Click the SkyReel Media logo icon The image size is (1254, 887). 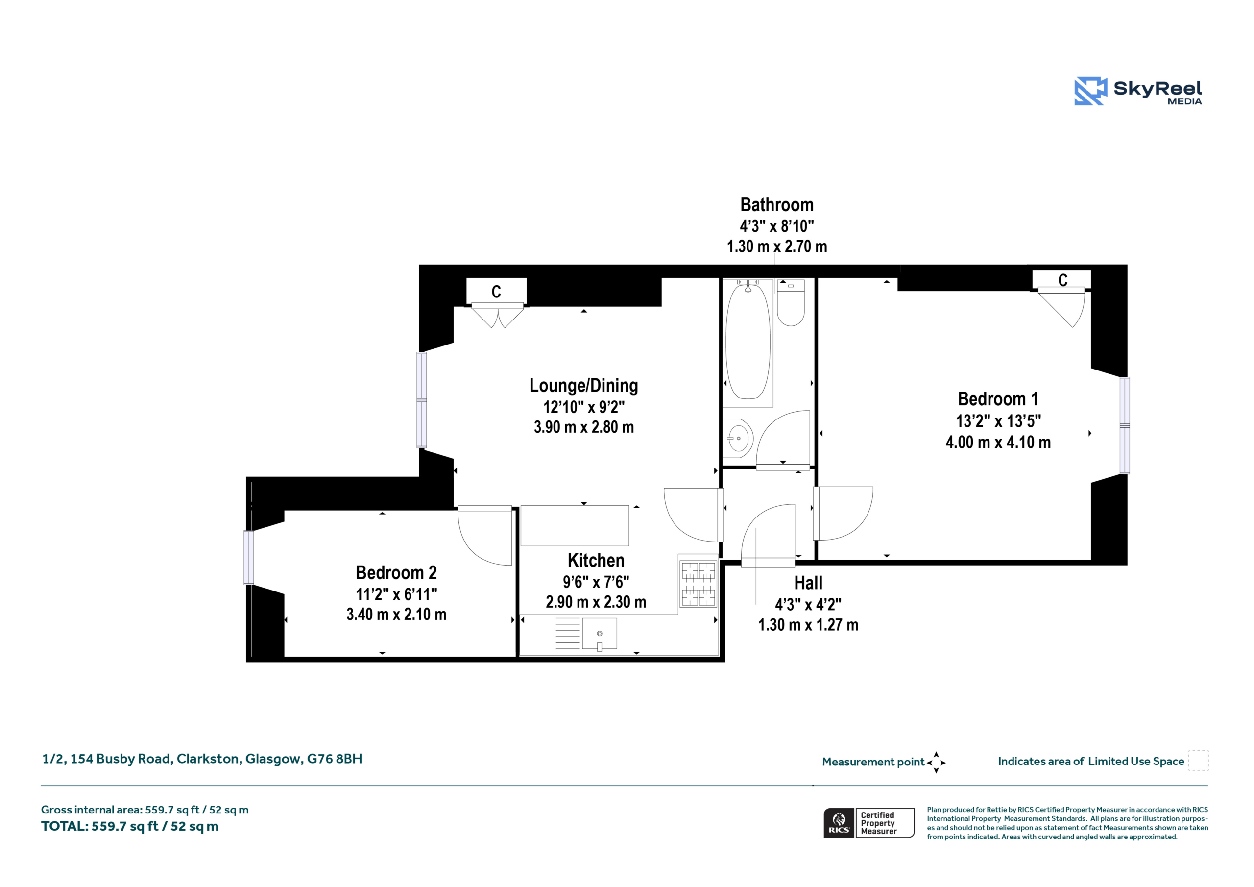click(x=1090, y=91)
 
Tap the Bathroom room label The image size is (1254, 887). click(x=777, y=205)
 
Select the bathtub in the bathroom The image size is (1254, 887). click(x=748, y=343)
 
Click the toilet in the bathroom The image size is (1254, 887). click(x=790, y=303)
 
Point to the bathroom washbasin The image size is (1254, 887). click(x=738, y=438)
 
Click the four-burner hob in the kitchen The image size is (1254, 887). click(x=699, y=583)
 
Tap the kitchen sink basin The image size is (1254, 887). click(x=599, y=634)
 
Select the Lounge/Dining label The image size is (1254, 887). click(x=583, y=386)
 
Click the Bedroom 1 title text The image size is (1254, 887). click(x=998, y=399)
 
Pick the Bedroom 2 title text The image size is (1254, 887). click(x=396, y=573)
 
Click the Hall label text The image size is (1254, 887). click(x=808, y=583)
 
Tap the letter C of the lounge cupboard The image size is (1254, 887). click(x=496, y=292)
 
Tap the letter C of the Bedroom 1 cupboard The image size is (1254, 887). click(x=1063, y=280)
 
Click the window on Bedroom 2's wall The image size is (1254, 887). click(x=248, y=558)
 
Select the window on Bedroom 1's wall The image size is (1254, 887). click(x=1125, y=425)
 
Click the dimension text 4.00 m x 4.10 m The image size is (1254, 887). click(x=998, y=442)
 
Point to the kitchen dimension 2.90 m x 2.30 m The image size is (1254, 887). click(x=596, y=602)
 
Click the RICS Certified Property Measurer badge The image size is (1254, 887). click(x=869, y=823)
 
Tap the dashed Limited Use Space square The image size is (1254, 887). click(x=1198, y=761)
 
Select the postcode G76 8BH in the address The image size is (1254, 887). click(x=334, y=759)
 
